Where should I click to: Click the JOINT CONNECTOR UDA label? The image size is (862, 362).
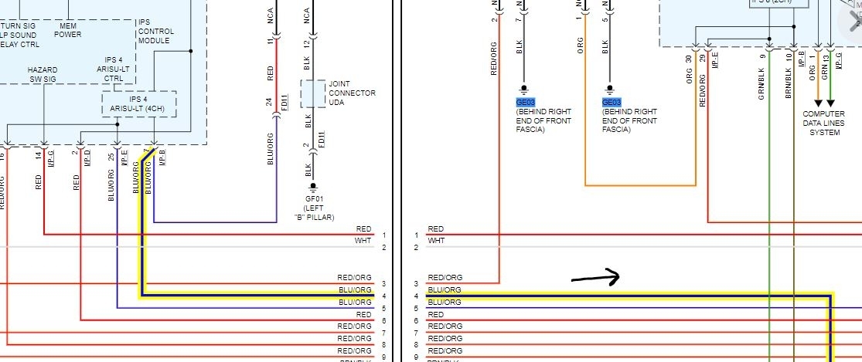point(352,93)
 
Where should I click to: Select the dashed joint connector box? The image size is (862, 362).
point(313,93)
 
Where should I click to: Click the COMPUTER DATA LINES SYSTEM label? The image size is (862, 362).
point(824,123)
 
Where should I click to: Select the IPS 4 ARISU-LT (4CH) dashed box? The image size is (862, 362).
point(139,103)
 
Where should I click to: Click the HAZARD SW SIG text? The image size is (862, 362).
point(42,74)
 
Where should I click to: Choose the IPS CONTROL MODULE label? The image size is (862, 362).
point(154,31)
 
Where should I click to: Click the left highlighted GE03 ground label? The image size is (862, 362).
point(525,102)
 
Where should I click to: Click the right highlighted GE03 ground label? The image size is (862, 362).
point(611,102)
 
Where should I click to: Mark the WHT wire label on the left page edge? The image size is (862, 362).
point(363,242)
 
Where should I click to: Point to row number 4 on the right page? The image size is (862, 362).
point(416,296)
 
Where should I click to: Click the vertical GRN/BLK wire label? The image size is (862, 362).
point(762,81)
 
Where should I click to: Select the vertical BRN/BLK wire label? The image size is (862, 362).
point(789,81)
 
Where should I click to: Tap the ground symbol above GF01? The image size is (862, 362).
point(314,187)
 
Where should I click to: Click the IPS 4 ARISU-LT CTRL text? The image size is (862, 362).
point(114,69)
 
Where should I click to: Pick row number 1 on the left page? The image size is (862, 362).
point(383,235)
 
